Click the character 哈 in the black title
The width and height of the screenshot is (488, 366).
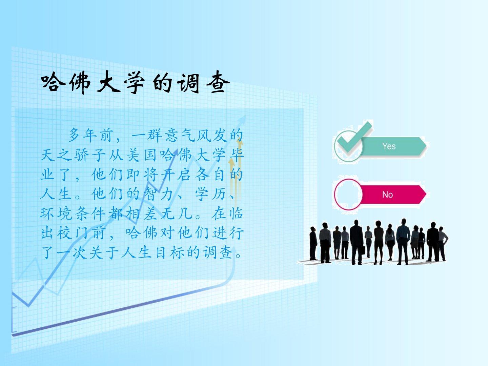pos(53,82)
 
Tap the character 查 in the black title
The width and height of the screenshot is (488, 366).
pos(218,82)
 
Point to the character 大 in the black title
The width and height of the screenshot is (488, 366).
pos(108,82)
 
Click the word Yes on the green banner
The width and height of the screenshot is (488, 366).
pos(389,146)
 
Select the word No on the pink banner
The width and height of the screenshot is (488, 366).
pos(387,195)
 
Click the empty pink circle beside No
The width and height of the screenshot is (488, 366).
pos(348,195)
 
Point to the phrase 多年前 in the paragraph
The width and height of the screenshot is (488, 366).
pos(90,135)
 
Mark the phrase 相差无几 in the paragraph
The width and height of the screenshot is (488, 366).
pos(159,213)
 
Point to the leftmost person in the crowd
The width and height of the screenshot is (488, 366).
pos(313,243)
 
